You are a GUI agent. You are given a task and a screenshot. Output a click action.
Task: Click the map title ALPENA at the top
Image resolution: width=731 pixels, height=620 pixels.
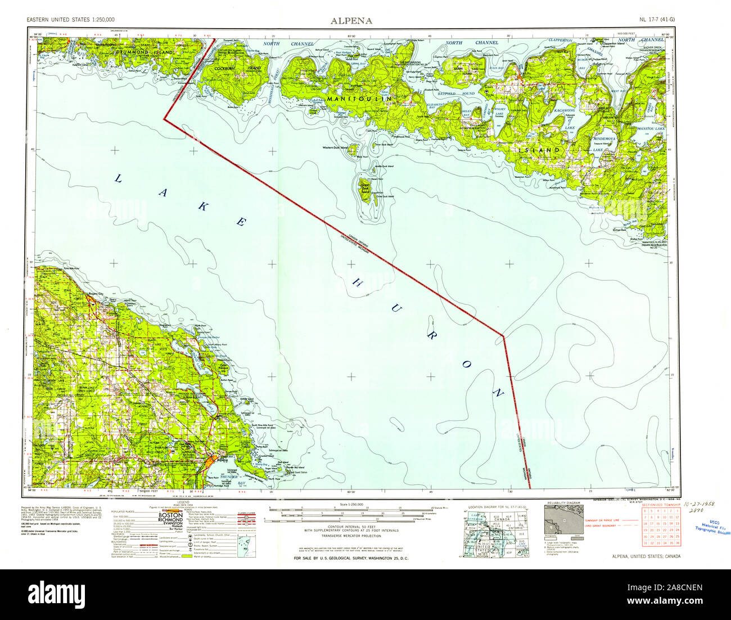(x=350, y=21)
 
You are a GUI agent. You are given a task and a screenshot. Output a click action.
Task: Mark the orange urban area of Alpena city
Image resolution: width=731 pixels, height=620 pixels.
(x=210, y=460)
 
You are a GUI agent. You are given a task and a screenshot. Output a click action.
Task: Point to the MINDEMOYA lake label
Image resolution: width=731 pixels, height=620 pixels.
(x=610, y=137)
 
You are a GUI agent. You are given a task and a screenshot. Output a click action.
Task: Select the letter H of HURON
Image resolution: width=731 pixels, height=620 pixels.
(x=358, y=281)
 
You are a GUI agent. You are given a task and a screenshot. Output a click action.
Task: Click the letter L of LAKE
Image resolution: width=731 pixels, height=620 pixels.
(x=119, y=179)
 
